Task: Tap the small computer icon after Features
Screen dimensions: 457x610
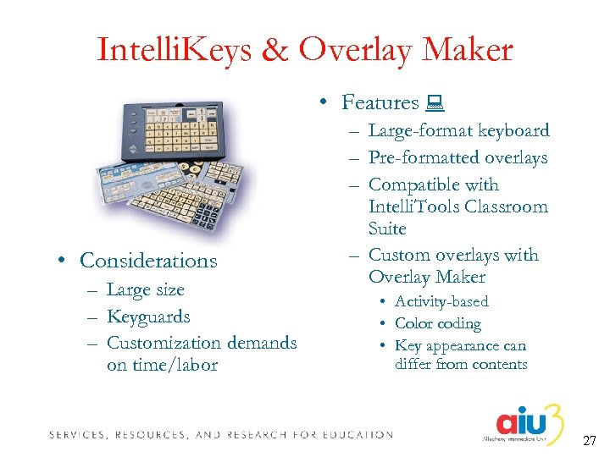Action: pos(435,103)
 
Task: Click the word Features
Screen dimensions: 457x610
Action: pos(380,102)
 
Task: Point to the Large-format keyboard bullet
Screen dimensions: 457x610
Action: pos(458,130)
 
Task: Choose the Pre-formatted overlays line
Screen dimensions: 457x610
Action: pos(457,157)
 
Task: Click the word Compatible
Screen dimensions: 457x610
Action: pos(433,184)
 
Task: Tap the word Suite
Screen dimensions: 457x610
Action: pos(387,228)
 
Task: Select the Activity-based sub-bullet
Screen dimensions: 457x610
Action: pos(441,301)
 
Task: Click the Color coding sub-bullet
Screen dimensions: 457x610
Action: pos(437,323)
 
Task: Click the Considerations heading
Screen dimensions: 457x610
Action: pos(148,261)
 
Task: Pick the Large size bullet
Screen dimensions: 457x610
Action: pos(145,289)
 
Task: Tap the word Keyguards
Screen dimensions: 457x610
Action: pos(148,317)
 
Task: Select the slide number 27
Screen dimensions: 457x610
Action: pos(590,441)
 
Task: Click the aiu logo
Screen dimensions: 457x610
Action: pos(526,422)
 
